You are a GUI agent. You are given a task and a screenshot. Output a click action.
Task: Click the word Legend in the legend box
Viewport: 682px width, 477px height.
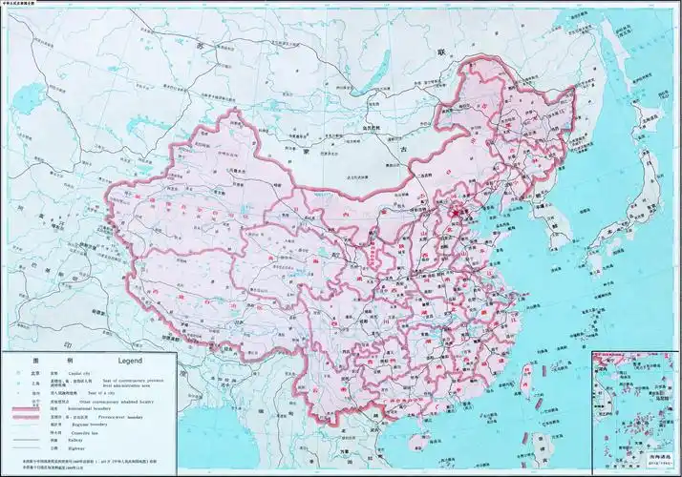130,362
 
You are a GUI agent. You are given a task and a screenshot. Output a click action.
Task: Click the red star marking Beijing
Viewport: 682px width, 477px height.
457,209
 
